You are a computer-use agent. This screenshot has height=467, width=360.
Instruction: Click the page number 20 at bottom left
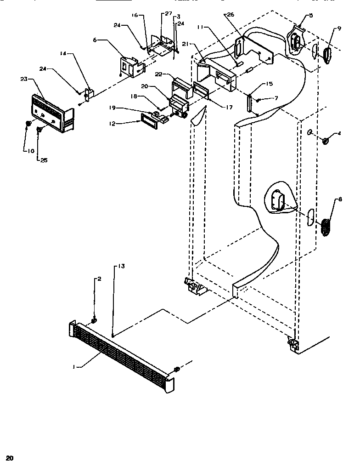pos(10,458)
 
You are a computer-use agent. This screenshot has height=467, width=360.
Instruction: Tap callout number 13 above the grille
pos(121,266)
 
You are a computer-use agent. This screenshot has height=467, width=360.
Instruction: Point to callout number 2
pos(99,279)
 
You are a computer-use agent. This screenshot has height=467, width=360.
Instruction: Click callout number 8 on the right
pos(340,199)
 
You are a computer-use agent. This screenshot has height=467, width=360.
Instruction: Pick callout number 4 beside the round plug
pos(339,134)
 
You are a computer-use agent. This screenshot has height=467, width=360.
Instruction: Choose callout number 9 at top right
pos(339,28)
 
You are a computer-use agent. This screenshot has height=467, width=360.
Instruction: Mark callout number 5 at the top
pos(311,15)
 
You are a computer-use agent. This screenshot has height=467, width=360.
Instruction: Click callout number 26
pos(230,15)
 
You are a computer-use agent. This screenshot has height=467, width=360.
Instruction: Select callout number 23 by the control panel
pos(24,79)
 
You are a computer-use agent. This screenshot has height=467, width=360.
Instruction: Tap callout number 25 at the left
pos(43,160)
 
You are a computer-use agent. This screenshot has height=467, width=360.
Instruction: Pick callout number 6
pos(95,40)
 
